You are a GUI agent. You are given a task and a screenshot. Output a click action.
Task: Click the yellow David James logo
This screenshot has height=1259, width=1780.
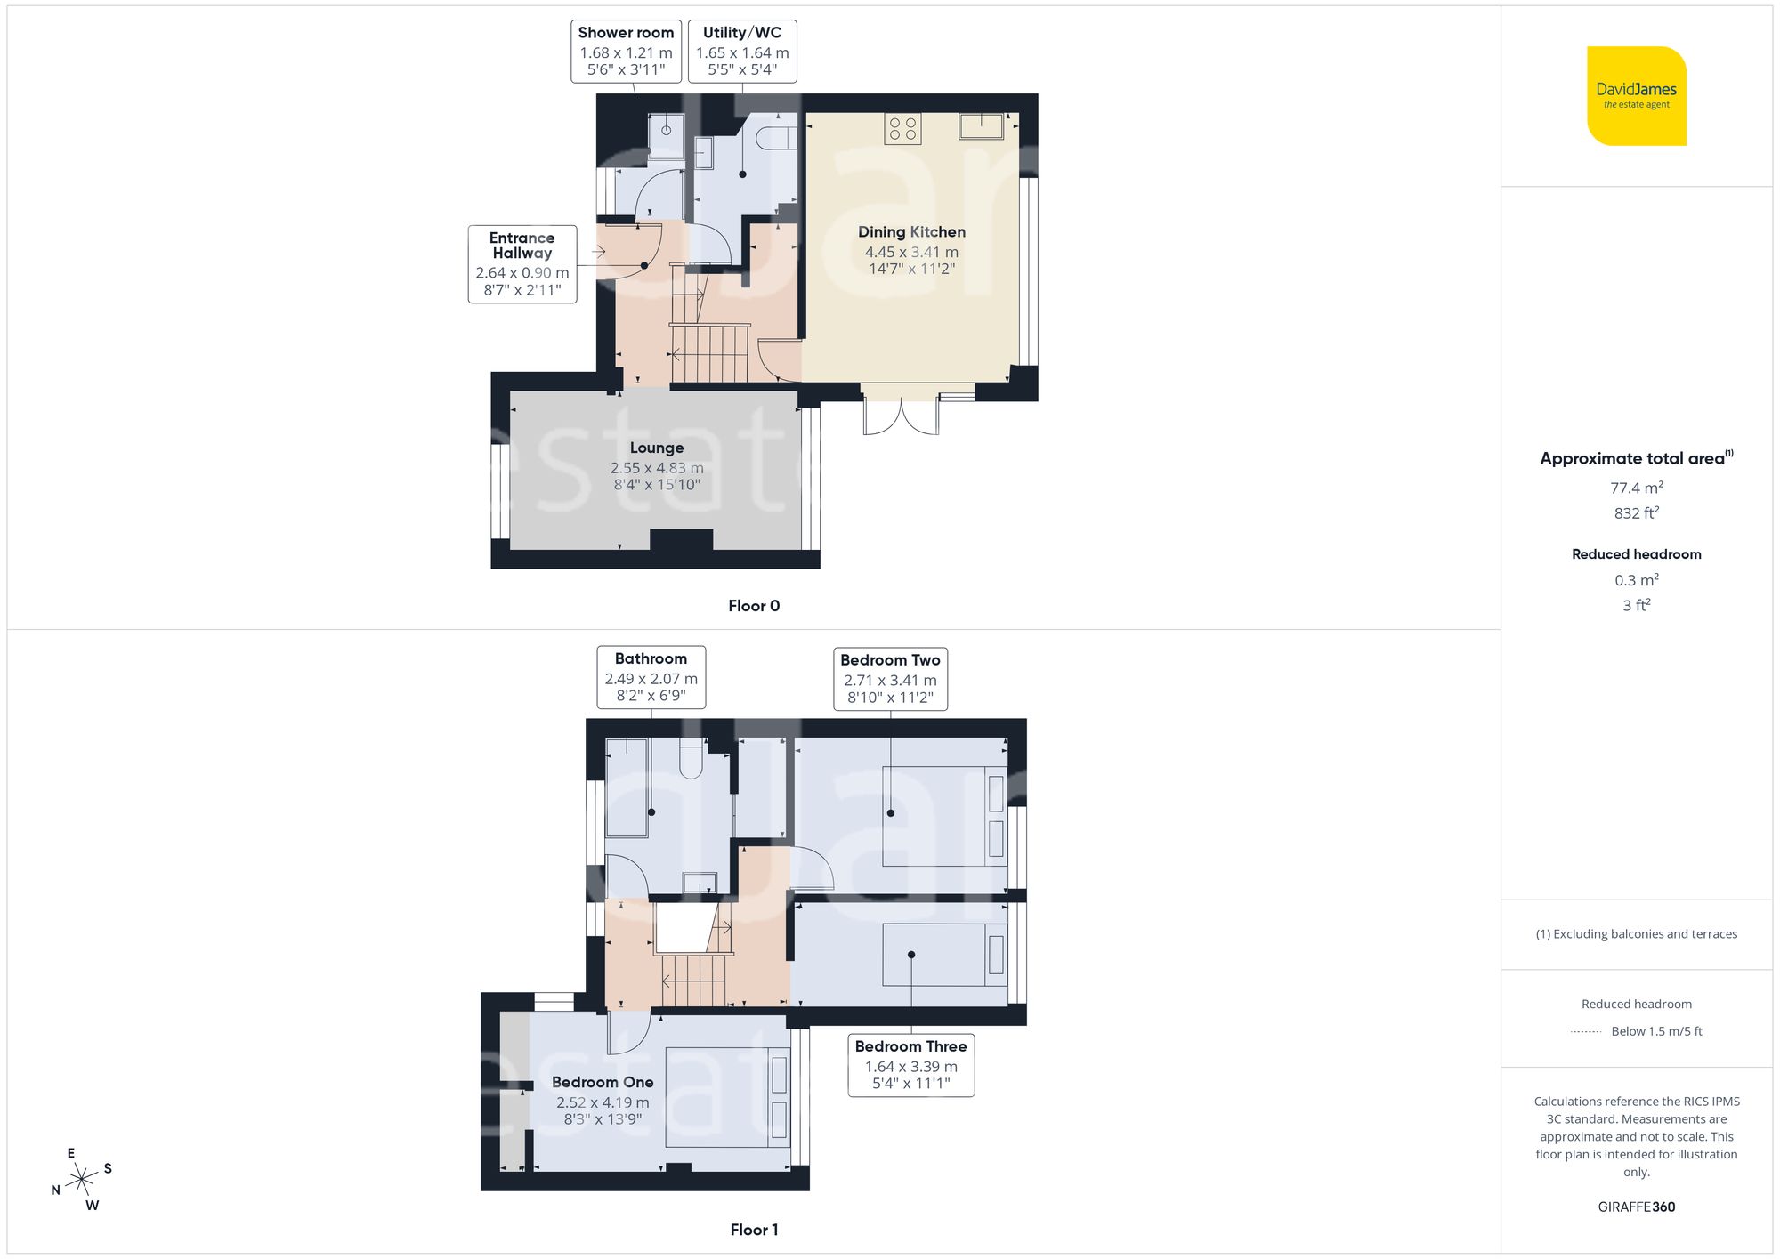click(x=1636, y=96)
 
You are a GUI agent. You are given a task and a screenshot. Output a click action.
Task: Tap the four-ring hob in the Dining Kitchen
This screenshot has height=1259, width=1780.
click(x=902, y=129)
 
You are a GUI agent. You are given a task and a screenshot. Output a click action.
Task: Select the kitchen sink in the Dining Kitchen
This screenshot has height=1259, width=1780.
click(x=981, y=126)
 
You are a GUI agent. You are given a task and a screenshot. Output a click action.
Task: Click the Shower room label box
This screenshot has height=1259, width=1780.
click(x=626, y=52)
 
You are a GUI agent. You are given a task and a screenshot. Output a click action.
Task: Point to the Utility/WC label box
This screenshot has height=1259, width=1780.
click(x=741, y=52)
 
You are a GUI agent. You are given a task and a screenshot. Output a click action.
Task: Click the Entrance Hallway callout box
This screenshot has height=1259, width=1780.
click(x=522, y=264)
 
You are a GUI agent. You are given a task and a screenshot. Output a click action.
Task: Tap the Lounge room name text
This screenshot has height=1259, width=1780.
click(x=657, y=448)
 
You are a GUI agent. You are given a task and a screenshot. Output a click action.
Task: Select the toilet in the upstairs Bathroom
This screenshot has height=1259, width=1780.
click(x=692, y=758)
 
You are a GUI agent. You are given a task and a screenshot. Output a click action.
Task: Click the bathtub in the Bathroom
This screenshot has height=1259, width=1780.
click(x=627, y=787)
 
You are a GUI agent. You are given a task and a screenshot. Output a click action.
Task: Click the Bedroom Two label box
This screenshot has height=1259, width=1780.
click(x=890, y=679)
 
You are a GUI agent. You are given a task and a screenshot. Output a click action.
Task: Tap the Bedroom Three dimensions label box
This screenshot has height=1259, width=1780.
click(x=910, y=1065)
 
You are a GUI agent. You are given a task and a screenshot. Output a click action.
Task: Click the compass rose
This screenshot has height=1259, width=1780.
click(x=82, y=1180)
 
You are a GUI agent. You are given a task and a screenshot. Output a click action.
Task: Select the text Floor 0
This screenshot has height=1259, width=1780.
click(x=753, y=606)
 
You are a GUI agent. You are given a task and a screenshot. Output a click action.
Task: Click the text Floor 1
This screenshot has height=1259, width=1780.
click(x=753, y=1230)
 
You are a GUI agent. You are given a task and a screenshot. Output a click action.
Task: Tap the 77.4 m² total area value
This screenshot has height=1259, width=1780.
click(x=1636, y=488)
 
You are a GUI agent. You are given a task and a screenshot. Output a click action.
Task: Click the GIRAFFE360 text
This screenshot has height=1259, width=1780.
click(x=1636, y=1207)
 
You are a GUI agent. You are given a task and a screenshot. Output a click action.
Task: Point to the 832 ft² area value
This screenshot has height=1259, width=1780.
click(x=1636, y=513)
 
